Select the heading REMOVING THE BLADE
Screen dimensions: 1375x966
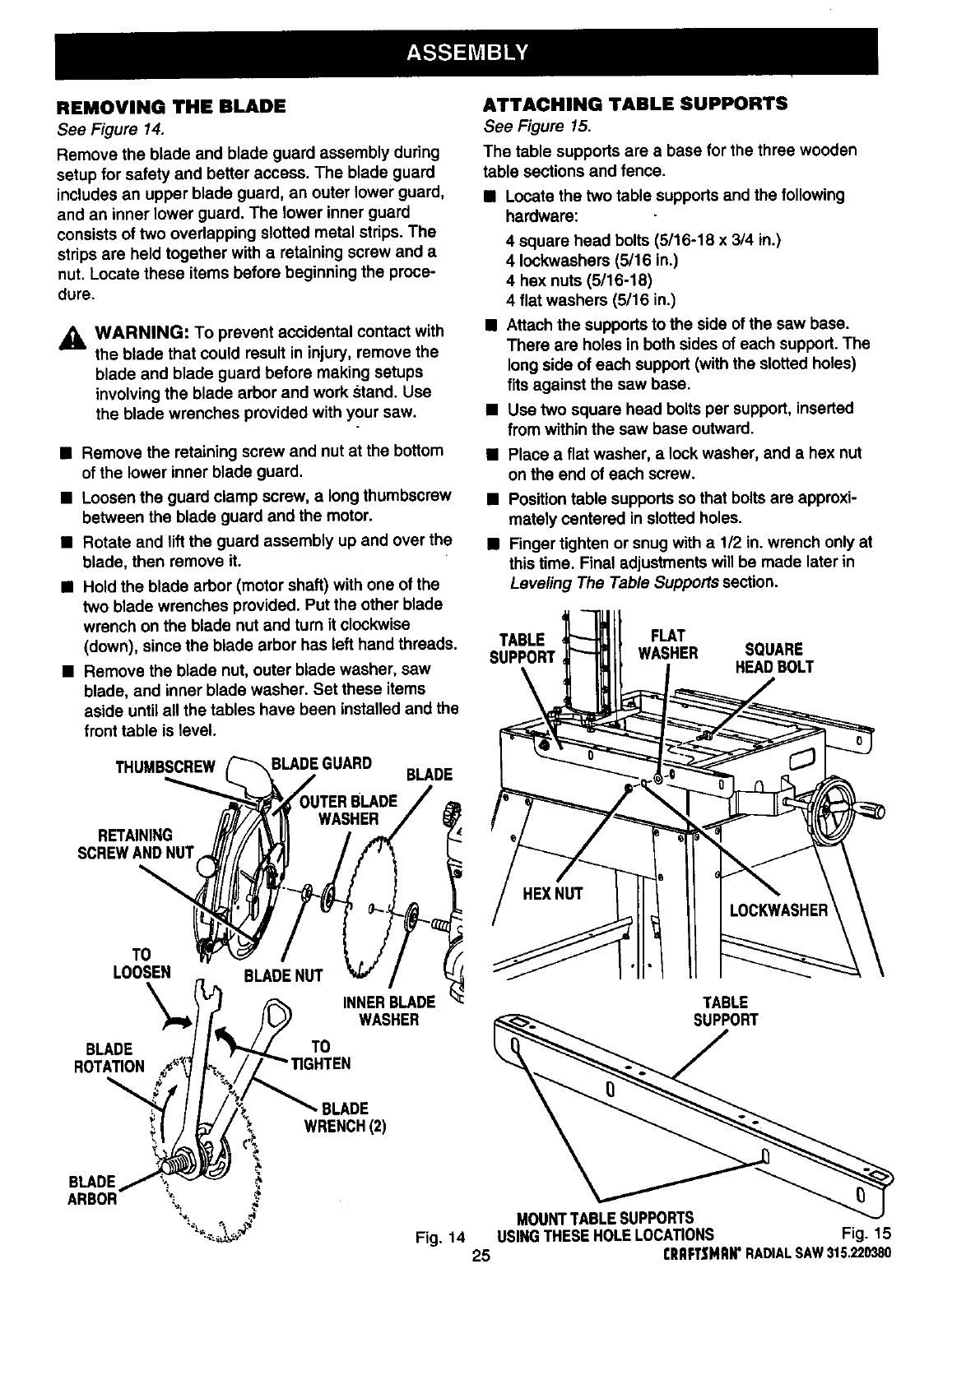(x=171, y=107)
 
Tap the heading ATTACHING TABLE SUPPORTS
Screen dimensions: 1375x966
(x=635, y=104)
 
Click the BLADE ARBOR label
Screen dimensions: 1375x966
(x=93, y=1189)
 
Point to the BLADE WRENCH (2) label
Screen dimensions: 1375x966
(x=345, y=1115)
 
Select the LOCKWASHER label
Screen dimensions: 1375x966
(x=778, y=910)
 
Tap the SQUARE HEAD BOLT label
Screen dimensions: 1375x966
(x=773, y=658)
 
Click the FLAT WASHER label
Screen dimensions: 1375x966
(x=669, y=644)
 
